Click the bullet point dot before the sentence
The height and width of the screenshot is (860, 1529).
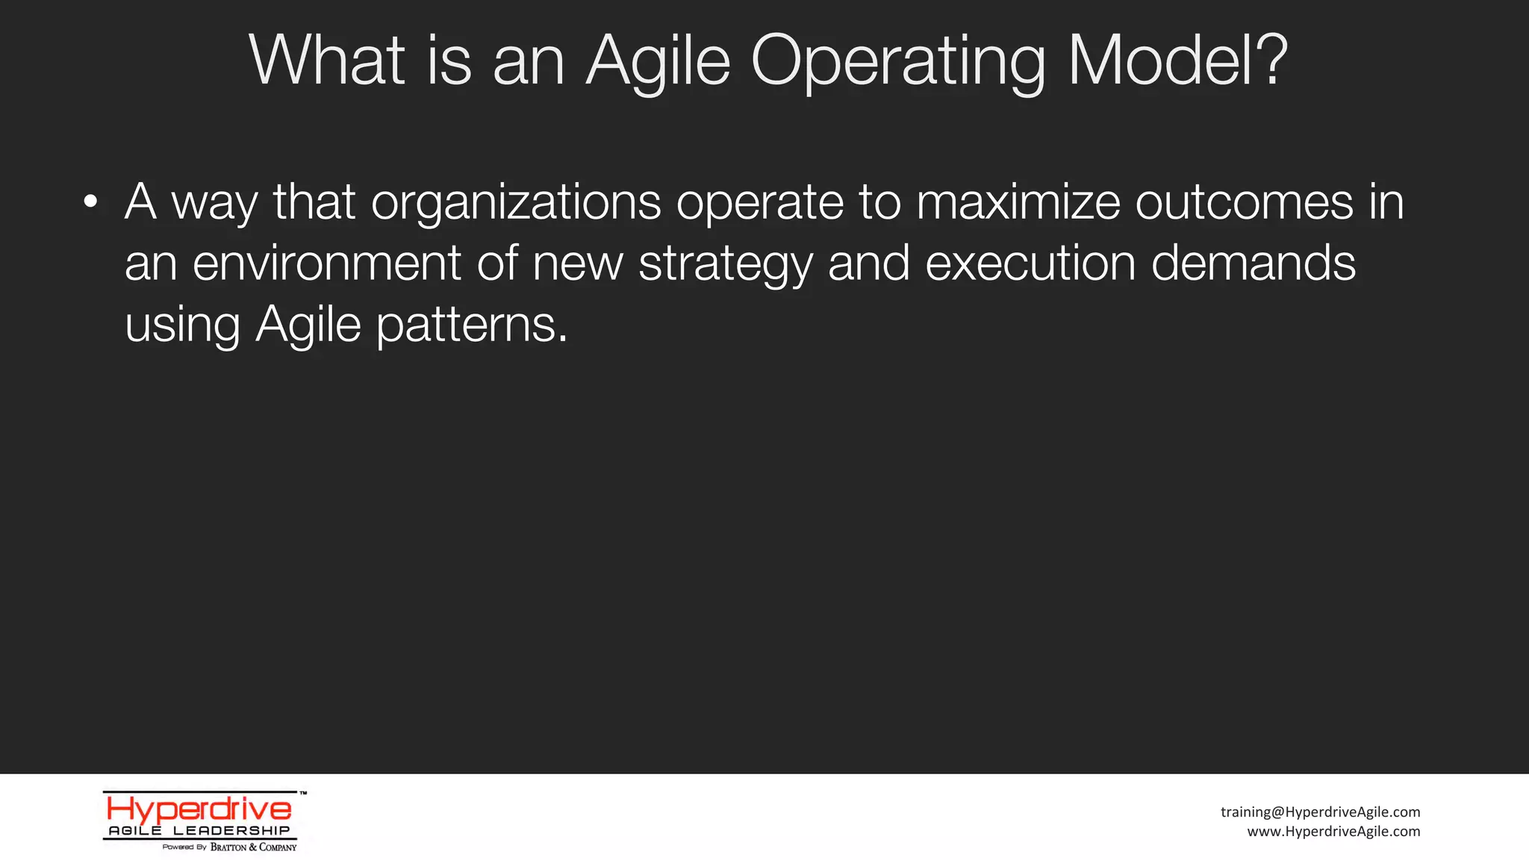(x=91, y=202)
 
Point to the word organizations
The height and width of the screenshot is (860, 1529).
(x=516, y=203)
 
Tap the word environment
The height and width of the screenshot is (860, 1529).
(x=327, y=264)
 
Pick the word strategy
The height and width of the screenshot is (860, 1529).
(x=725, y=265)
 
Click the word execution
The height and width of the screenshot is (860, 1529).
(x=1030, y=264)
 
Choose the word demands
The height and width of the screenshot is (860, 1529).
(x=1254, y=264)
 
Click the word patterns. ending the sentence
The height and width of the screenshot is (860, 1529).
(x=472, y=325)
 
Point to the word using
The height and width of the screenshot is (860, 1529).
(x=182, y=325)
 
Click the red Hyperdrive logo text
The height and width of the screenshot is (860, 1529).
(x=199, y=809)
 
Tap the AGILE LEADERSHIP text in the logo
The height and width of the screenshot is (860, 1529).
(x=199, y=831)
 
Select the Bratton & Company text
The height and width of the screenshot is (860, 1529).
(x=253, y=847)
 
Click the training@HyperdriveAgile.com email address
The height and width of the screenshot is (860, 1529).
(x=1320, y=812)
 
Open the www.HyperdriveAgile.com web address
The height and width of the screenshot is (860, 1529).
(x=1333, y=832)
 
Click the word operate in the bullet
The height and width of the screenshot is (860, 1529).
(x=759, y=203)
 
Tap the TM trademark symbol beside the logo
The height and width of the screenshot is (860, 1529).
(x=303, y=794)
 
